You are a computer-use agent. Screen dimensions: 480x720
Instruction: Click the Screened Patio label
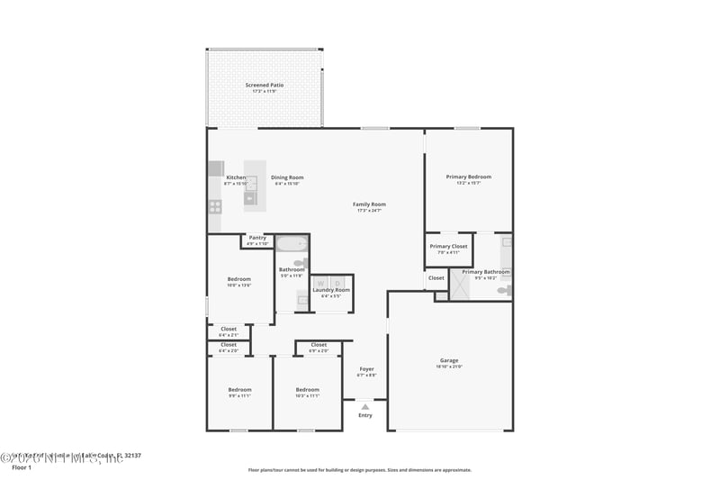[x=265, y=85]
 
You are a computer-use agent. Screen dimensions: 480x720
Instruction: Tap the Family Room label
[x=369, y=204]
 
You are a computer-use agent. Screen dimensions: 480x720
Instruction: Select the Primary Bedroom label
[x=469, y=177]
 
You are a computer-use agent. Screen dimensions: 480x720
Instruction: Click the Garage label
[x=449, y=360]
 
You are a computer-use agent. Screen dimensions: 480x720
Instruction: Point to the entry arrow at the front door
[x=364, y=407]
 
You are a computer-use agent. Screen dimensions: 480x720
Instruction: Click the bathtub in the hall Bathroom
[x=291, y=243]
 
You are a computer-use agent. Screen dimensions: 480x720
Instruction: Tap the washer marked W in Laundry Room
[x=321, y=283]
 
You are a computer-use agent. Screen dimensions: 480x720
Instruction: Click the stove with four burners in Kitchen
[x=215, y=205]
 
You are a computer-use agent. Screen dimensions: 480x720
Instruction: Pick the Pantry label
[x=257, y=238]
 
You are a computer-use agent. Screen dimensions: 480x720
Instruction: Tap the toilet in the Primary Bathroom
[x=504, y=290]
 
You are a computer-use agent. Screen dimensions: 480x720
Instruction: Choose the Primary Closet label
[x=448, y=246]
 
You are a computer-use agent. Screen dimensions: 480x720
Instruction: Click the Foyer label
[x=366, y=368]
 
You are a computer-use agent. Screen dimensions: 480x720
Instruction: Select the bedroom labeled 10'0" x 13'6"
[x=239, y=279]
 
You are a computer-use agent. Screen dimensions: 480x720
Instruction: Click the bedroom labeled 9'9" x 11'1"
[x=239, y=389]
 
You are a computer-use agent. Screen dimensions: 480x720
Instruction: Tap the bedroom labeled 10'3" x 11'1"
[x=308, y=389]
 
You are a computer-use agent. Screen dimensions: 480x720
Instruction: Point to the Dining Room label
[x=287, y=177]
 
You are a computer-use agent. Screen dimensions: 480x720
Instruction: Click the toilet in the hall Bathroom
[x=300, y=263]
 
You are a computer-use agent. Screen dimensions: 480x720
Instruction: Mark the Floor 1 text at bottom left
[x=21, y=467]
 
